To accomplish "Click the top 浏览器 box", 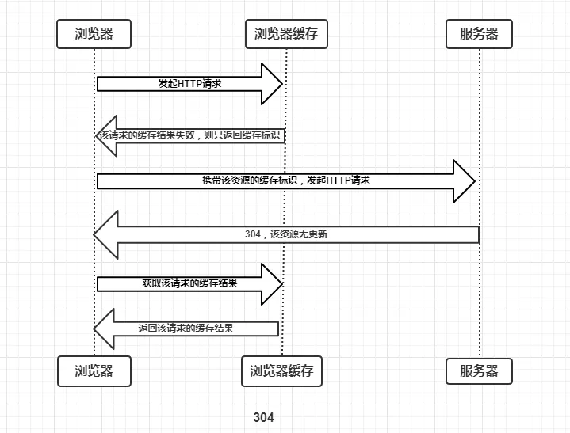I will (x=94, y=33).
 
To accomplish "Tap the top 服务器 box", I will (x=479, y=33).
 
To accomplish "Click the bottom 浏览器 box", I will (x=94, y=370).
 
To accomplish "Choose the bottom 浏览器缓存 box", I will (x=281, y=370).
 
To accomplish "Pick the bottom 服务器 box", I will (x=479, y=370).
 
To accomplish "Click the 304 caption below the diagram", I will (x=263, y=417).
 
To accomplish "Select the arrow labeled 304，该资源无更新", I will (x=285, y=234).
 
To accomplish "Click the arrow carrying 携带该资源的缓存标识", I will (x=285, y=180).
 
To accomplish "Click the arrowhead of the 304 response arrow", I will (x=106, y=234).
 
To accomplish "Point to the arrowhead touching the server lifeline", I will (x=463, y=180).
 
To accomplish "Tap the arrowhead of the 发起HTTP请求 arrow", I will (x=271, y=83).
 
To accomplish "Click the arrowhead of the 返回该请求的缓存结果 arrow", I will (x=105, y=329).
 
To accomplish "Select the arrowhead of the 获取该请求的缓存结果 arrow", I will (x=271, y=283).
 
